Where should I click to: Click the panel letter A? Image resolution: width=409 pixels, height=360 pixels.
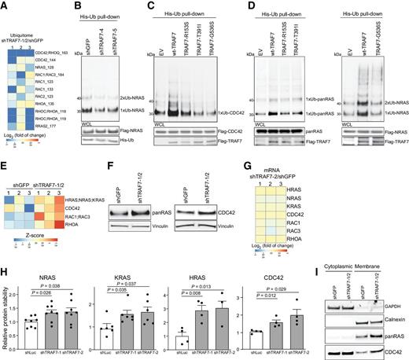point(4,5)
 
